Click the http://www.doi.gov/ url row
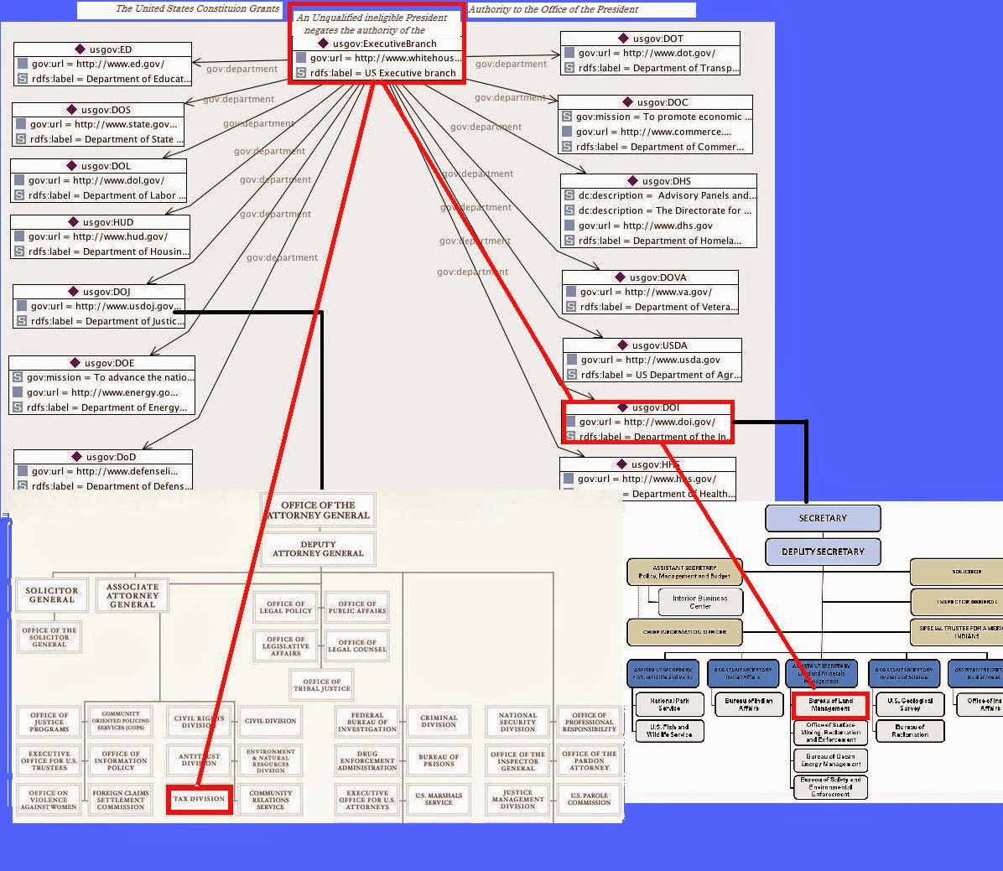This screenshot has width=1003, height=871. tap(647, 422)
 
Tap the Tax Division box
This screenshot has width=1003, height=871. tap(199, 799)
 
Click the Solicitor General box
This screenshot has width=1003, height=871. tap(51, 595)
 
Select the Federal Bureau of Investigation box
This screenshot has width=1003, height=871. tap(367, 722)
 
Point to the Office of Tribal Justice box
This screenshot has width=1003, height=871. tap(322, 685)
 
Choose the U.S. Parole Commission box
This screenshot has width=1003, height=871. tap(589, 799)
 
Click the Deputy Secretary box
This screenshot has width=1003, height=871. tap(822, 552)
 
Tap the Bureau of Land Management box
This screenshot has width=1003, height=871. tap(830, 704)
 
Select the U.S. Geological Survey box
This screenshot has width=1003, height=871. tap(910, 704)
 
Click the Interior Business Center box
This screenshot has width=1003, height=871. tap(700, 602)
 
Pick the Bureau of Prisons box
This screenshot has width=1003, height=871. tap(439, 760)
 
